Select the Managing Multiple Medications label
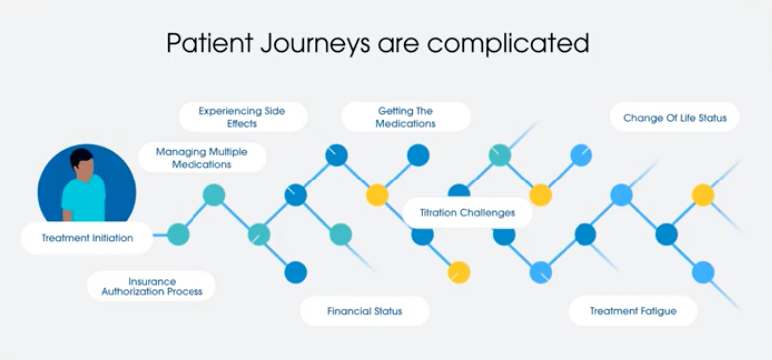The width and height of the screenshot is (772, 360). [x=208, y=157]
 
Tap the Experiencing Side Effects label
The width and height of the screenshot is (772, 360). [x=242, y=117]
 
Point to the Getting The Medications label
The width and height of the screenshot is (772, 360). [x=406, y=117]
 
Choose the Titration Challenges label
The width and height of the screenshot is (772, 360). [x=467, y=212]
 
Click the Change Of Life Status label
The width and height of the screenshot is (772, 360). [x=674, y=117]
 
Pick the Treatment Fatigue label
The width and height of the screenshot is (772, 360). [x=632, y=311]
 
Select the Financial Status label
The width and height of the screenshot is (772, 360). [x=365, y=311]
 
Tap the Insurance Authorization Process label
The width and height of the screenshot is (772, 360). [x=152, y=286]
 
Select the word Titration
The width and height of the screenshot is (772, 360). [x=438, y=212]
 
